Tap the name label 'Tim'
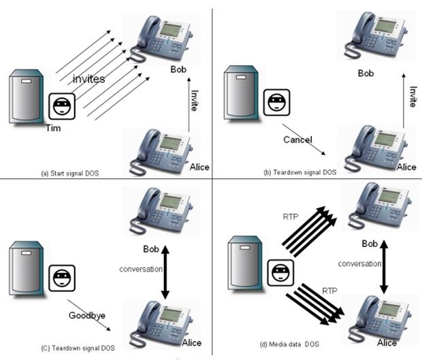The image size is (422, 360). pos(53,127)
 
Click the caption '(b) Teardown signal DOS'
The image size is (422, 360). pos(299,172)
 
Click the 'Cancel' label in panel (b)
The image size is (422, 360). pos(297,140)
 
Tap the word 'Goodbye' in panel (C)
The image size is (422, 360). pos(86,315)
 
